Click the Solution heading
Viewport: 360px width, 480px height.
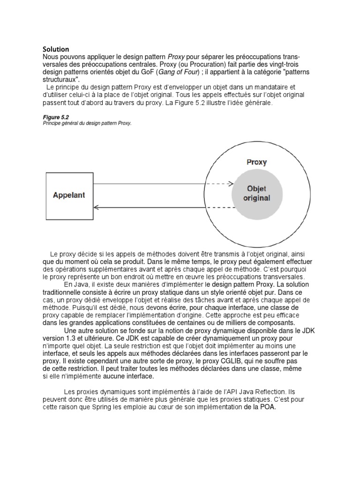56,49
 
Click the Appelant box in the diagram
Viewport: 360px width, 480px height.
69,195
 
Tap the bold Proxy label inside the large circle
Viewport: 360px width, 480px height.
256,162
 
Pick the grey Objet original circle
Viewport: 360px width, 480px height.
257,194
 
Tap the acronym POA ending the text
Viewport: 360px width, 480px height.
268,407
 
